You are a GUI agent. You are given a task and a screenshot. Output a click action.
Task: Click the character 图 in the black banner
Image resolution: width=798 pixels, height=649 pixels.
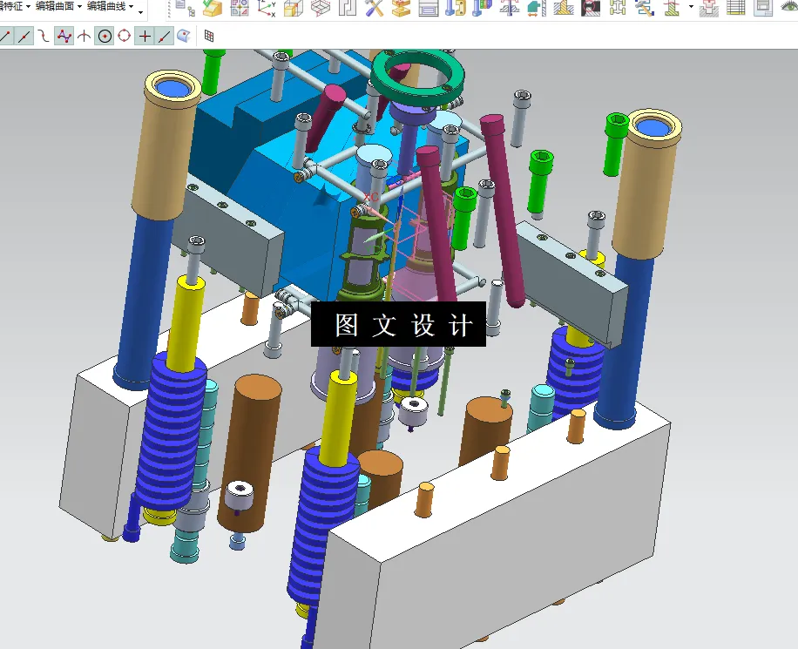(347, 325)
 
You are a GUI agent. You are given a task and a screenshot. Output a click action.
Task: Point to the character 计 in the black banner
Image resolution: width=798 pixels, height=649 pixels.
(461, 325)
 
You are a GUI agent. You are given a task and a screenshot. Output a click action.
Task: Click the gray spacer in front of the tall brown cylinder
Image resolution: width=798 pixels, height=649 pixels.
(241, 499)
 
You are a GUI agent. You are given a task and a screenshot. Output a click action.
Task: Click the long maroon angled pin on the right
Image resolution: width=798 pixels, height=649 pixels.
(505, 209)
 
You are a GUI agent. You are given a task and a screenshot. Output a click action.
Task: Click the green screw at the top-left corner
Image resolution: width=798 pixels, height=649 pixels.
(212, 71)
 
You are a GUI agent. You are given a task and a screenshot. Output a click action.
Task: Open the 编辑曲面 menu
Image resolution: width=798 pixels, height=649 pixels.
(58, 7)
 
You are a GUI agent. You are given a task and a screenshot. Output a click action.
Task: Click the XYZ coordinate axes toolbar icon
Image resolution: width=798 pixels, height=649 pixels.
(267, 9)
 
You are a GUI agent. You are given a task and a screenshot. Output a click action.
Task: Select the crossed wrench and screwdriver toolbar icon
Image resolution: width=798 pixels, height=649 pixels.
(375, 9)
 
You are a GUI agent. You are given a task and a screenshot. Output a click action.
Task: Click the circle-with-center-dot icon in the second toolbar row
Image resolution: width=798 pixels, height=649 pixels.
(105, 37)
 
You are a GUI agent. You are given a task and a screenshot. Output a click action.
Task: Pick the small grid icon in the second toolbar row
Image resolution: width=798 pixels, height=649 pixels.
(209, 37)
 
